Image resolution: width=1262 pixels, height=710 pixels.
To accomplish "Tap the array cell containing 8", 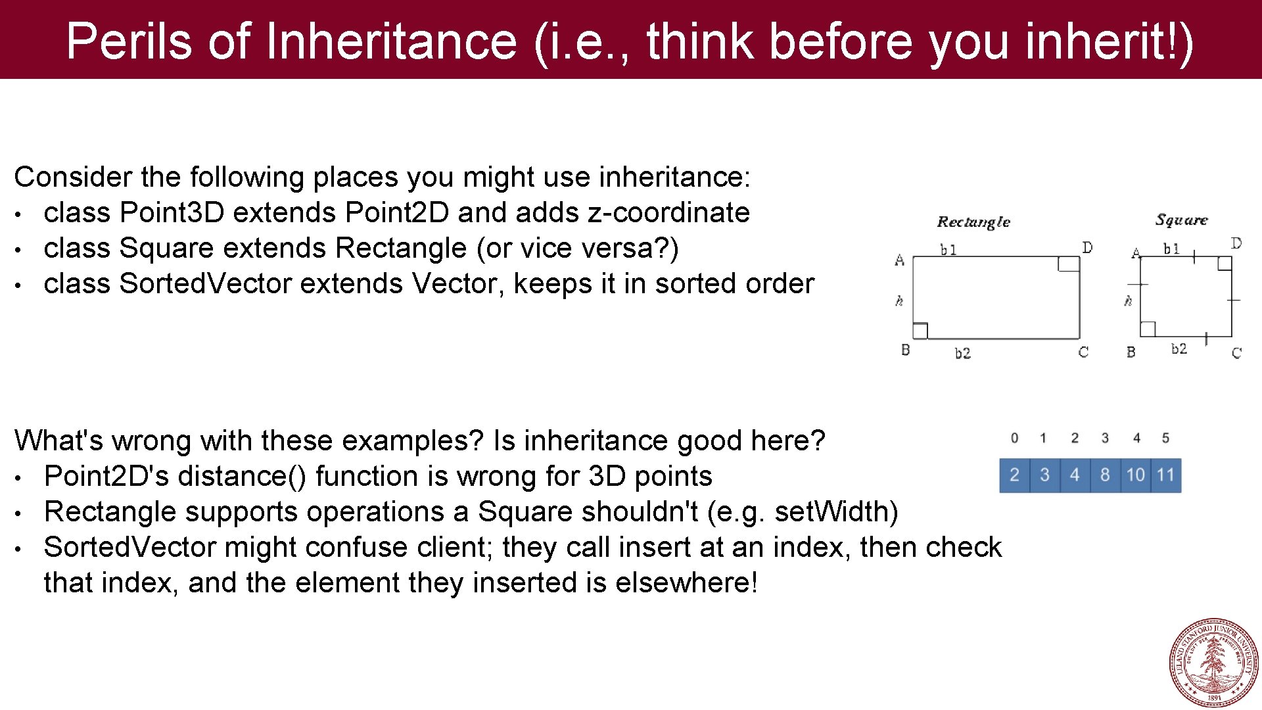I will [1105, 475].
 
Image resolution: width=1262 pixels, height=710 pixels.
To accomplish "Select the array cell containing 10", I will [1135, 475].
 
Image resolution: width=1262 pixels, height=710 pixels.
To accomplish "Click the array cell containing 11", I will [1165, 475].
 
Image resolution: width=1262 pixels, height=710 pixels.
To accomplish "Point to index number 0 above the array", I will [1014, 438].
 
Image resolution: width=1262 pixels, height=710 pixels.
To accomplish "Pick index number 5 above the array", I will [1165, 438].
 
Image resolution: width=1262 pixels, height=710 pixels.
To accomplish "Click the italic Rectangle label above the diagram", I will [973, 222].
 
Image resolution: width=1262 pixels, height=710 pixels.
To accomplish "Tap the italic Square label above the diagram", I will [1181, 220].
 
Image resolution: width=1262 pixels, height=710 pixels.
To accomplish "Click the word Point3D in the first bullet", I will [172, 213].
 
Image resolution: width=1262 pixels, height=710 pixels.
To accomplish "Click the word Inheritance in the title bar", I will [392, 41].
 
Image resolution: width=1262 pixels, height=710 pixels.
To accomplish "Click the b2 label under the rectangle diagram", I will [962, 354].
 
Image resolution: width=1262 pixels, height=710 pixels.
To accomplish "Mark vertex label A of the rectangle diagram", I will [900, 260].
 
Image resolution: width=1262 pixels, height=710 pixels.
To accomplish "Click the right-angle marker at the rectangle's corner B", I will [920, 331].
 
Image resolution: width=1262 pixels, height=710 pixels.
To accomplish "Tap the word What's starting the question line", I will [58, 441].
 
